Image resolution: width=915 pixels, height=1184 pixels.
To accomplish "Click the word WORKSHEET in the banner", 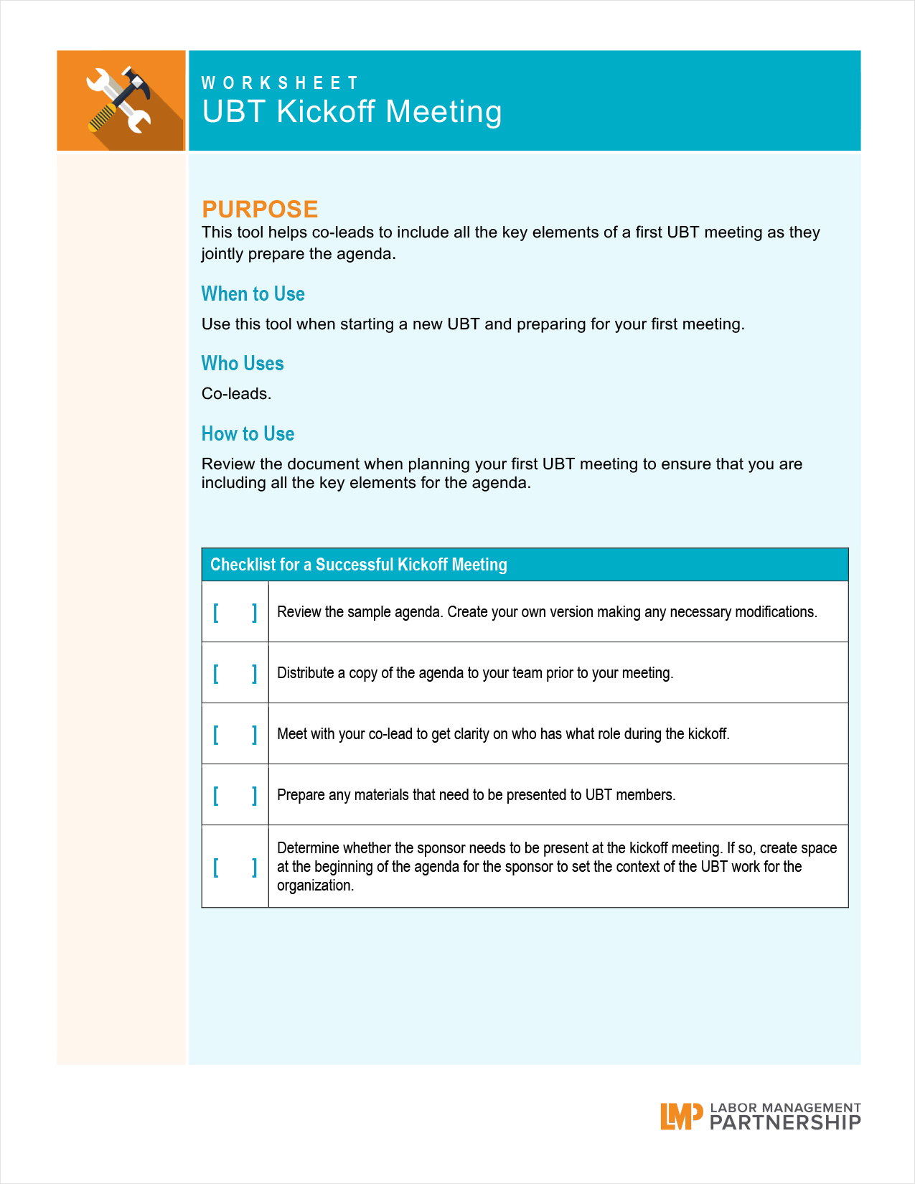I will pos(279,83).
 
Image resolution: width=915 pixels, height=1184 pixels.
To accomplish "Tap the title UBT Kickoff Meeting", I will pos(352,112).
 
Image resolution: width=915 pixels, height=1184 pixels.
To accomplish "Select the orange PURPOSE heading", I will pos(260,209).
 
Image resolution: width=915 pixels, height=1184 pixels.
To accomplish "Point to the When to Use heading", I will pos(253,294).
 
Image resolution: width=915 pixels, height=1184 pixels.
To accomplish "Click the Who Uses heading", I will pos(243,364).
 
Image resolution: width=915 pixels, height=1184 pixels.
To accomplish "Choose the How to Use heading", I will pos(248,434).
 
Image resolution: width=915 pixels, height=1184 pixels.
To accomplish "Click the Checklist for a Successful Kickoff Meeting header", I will pos(358,565).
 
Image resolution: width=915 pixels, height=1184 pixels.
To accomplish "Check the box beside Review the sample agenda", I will pos(235,612).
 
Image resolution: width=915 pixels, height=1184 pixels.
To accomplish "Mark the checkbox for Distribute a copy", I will pos(235,673).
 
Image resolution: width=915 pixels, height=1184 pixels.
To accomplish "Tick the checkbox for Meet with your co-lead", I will pos(235,734).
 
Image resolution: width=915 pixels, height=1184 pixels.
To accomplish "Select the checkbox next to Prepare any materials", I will pos(235,795).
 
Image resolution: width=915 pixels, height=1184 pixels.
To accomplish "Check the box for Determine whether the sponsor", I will pos(235,867).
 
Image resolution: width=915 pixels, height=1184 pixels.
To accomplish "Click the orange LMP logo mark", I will pos(680,1117).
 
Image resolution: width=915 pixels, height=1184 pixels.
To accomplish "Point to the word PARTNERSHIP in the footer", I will pos(785,1123).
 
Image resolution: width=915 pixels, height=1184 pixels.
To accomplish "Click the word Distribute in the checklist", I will pos(306,673).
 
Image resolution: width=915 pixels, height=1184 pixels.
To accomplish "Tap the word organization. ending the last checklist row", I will pos(315,885).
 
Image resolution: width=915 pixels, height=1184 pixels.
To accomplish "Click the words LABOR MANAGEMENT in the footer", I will pos(785,1108).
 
